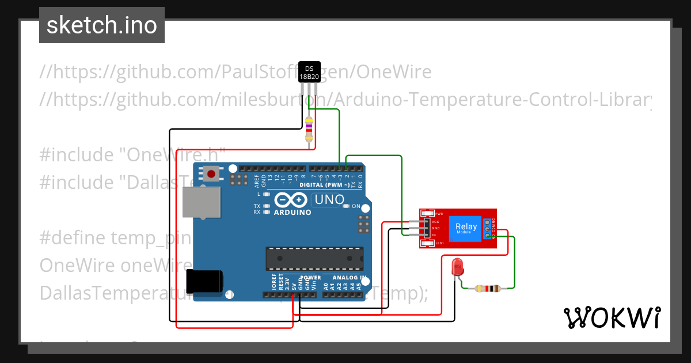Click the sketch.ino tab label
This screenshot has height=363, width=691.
coord(102,25)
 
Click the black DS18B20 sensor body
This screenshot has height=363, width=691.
coord(309,72)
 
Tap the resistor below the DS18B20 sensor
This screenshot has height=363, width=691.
coord(309,128)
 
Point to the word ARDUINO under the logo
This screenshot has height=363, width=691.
coord(293,212)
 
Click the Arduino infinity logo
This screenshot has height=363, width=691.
coord(291,200)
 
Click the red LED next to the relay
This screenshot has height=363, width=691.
coord(458,266)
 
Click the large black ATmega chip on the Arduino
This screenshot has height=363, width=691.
coord(314,258)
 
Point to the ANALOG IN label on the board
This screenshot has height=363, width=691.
coord(349,278)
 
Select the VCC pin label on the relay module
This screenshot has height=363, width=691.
coord(435,221)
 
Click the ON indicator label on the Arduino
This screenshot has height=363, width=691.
coord(356,206)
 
